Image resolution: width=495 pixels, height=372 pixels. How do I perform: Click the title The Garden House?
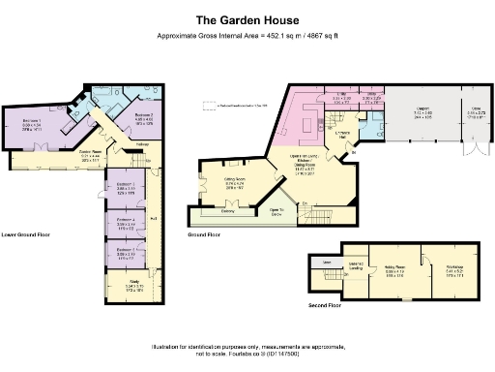click(x=247, y=18)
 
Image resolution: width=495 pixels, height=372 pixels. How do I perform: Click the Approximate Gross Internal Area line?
click(x=247, y=37)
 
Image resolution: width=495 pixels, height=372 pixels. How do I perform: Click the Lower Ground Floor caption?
click(x=26, y=234)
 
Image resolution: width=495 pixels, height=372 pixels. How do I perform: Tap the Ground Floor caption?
click(x=205, y=234)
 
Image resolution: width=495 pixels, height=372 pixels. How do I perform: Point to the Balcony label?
click(x=229, y=210)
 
